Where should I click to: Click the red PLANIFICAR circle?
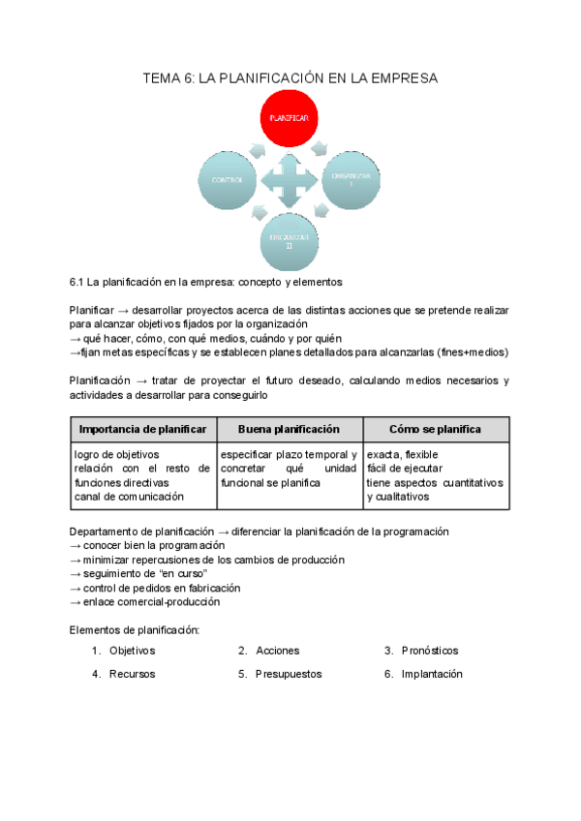[289, 117]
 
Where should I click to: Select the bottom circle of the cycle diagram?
[289, 239]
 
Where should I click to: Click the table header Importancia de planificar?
[142, 428]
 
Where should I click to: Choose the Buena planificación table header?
[289, 428]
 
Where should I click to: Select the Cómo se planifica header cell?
[435, 428]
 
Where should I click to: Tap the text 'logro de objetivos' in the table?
[116, 454]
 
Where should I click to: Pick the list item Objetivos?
[132, 651]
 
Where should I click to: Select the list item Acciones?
[278, 651]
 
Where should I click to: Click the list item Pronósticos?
[430, 651]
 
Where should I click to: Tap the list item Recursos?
[132, 674]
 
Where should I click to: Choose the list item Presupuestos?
[289, 674]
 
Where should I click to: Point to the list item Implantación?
[432, 674]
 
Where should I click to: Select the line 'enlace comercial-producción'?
[149, 601]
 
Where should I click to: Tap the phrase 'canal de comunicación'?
[129, 497]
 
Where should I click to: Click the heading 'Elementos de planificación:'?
[135, 630]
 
